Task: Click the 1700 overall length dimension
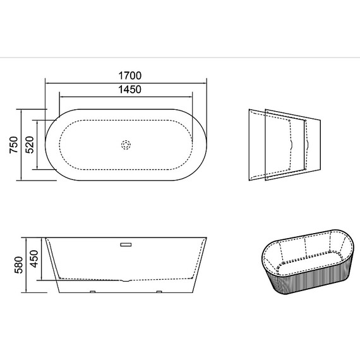tap(130, 76)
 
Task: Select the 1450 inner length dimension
tap(129, 89)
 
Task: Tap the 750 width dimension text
tap(13, 145)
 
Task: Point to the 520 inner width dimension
tap(30, 145)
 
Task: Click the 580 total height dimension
tap(19, 265)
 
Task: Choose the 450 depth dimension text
tap(35, 259)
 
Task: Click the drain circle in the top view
tap(126, 145)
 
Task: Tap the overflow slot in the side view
tap(126, 244)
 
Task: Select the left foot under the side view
tap(92, 292)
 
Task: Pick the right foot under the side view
tap(159, 292)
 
